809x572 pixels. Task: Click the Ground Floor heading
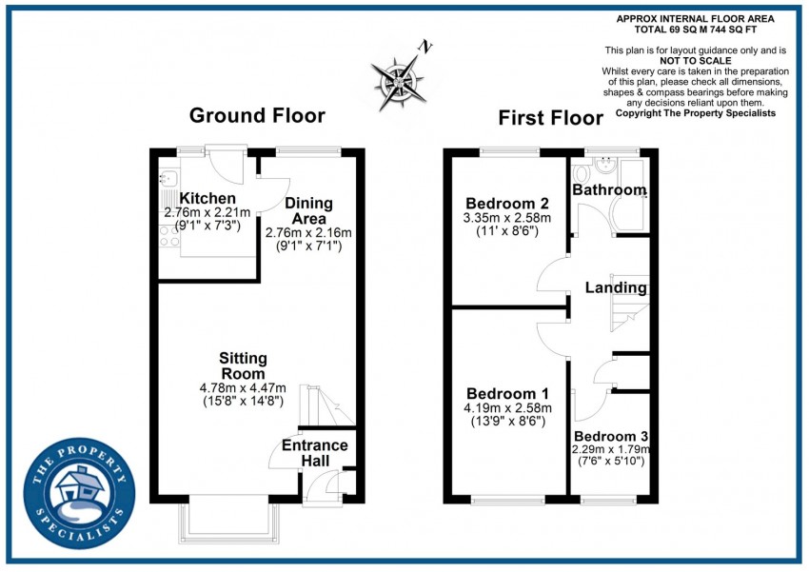click(x=257, y=115)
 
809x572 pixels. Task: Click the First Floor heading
click(x=550, y=118)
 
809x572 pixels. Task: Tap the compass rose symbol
click(x=399, y=82)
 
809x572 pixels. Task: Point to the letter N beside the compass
click(x=425, y=47)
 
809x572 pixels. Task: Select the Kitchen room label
click(x=207, y=198)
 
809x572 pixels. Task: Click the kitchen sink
click(x=168, y=179)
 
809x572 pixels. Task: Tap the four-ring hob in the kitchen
click(x=169, y=237)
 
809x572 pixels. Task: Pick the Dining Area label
click(x=308, y=210)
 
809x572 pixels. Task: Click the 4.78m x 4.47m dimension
click(x=243, y=388)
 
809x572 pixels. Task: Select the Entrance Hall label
click(x=315, y=452)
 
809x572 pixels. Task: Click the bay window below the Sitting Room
click(x=229, y=521)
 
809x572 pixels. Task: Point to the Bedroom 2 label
click(x=507, y=204)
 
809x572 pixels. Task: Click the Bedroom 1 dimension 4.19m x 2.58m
click(x=507, y=408)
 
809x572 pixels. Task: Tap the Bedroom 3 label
click(x=611, y=436)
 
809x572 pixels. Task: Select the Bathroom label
click(x=609, y=189)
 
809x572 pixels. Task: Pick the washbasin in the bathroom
click(x=604, y=164)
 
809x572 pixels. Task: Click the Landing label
click(x=616, y=287)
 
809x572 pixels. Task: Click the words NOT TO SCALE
click(x=696, y=60)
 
